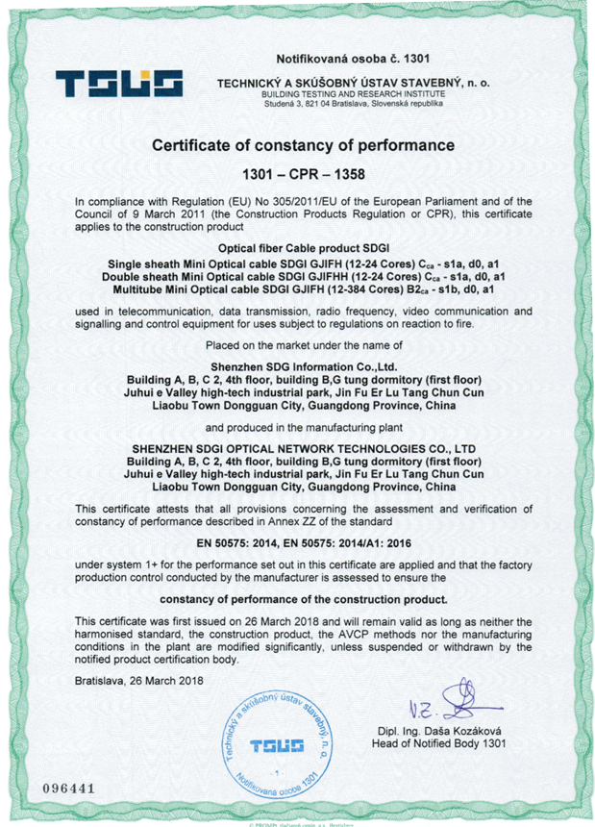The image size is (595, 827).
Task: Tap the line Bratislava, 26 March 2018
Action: pos(139,681)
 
